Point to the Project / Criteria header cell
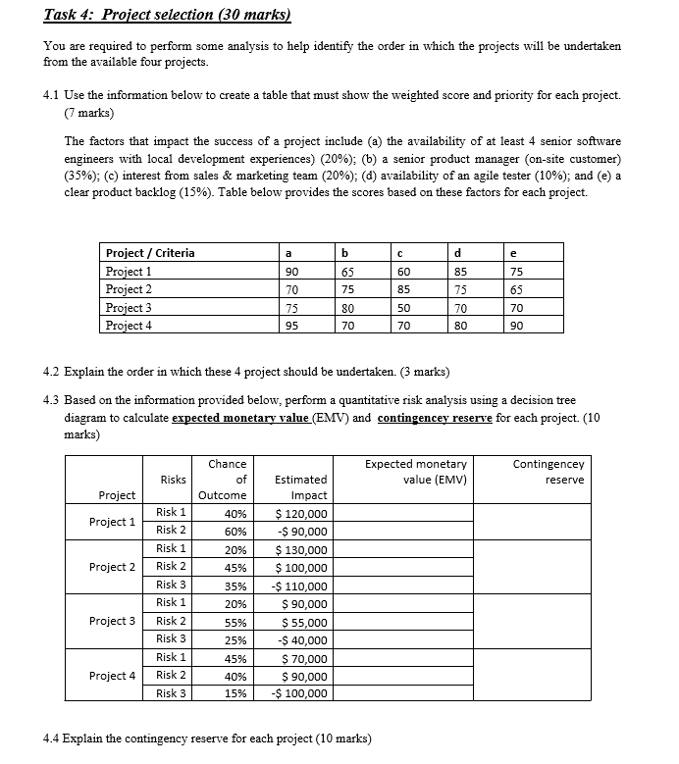tap(150, 253)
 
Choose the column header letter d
tap(461, 253)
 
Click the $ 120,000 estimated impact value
tap(304, 513)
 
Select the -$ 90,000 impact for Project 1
tap(302, 531)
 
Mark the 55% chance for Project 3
tap(235, 621)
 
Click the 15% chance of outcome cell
tap(235, 693)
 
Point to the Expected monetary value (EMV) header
tap(416, 471)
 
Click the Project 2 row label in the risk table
tap(112, 567)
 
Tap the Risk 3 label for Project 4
tap(171, 693)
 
